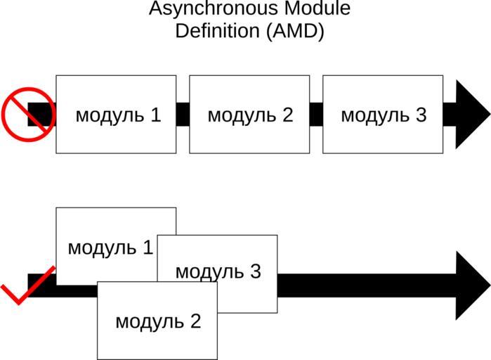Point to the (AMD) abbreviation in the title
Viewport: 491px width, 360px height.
click(294, 32)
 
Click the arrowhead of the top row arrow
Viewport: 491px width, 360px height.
click(471, 115)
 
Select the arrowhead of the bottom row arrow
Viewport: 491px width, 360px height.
click(471, 285)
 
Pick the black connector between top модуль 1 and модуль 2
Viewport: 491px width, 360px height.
click(183, 115)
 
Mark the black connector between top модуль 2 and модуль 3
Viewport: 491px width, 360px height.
click(316, 115)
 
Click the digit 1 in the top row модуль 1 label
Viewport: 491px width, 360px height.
click(155, 115)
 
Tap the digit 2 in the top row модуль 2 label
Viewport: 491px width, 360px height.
click(287, 115)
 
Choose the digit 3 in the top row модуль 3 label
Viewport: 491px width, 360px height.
click(421, 115)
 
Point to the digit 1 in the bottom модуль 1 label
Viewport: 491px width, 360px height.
click(148, 247)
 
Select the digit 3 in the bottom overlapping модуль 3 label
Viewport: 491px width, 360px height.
click(255, 271)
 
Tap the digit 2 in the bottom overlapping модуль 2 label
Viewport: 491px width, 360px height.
click(195, 321)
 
